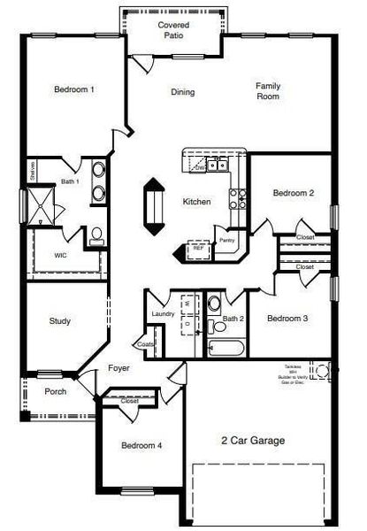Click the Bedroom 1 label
73,89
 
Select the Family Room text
268,91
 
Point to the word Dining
182,92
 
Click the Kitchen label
196,202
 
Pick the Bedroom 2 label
293,193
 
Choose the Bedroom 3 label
287,319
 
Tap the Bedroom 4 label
141,445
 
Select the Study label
59,321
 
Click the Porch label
55,391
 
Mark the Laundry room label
163,314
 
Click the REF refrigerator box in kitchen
198,250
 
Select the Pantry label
226,240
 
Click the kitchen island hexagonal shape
154,205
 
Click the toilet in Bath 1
96,235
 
